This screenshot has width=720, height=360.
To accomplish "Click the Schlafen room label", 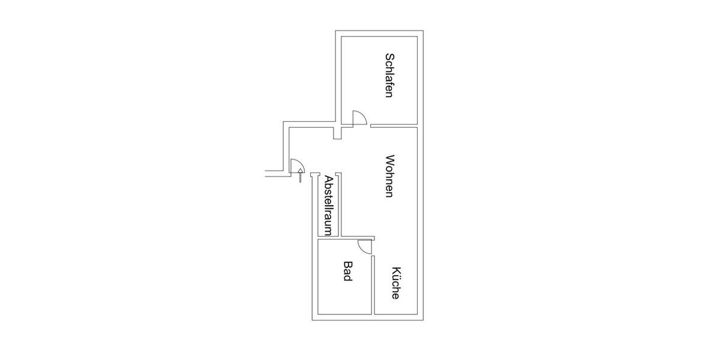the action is point(389,75).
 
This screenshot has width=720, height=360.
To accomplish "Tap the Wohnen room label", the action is point(389,176).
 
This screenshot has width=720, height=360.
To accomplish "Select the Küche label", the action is point(395,283).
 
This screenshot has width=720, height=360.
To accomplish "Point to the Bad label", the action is point(348,271).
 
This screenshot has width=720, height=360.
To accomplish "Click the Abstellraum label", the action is point(328,205).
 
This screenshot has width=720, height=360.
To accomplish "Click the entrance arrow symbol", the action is point(300,175).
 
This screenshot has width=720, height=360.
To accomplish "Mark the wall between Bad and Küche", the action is point(373,285).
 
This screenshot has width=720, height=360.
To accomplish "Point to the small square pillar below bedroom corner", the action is point(337,133).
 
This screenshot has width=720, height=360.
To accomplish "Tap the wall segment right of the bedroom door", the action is point(394,125).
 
